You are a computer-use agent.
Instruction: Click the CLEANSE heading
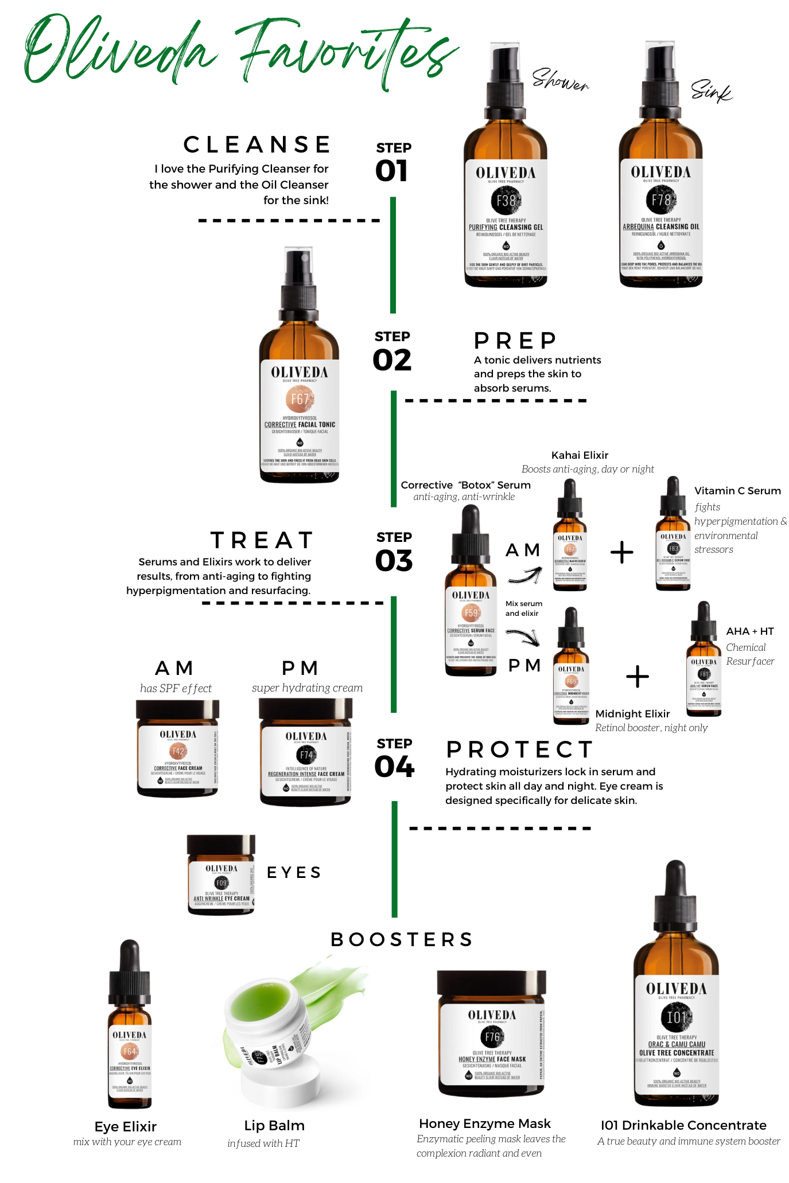coord(256,145)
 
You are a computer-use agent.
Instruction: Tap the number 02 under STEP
coord(392,361)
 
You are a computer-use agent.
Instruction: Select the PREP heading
coord(515,341)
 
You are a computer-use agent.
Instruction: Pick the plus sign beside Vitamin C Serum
coord(621,552)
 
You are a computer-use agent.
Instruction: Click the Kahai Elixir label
coord(580,455)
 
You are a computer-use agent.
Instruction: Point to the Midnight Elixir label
coord(632,714)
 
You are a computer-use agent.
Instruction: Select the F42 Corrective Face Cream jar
coord(177,751)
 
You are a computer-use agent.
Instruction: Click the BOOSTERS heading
coord(402,939)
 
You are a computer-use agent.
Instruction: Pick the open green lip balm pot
coord(270,1026)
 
